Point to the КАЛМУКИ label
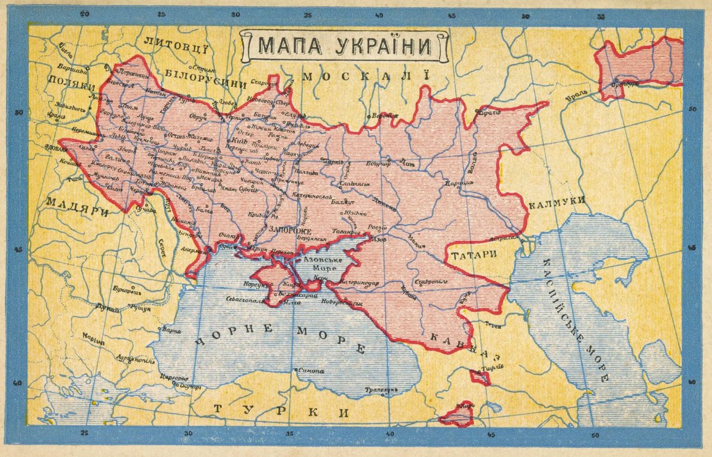(557, 202)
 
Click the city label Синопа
(311, 371)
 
